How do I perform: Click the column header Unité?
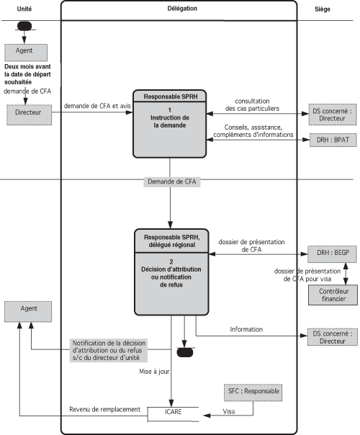(x=24, y=9)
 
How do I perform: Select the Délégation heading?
(x=182, y=9)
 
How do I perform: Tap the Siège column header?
(x=323, y=9)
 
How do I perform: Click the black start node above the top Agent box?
(x=24, y=26)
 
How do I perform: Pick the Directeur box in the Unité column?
(x=29, y=115)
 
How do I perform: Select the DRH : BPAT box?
(x=333, y=140)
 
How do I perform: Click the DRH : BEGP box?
(x=332, y=254)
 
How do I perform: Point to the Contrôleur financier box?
(x=333, y=295)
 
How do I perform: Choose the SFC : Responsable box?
(x=253, y=393)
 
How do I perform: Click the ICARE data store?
(x=173, y=414)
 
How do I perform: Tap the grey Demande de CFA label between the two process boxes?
(x=172, y=181)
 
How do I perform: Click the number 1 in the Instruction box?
(x=170, y=110)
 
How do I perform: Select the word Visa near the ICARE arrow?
(x=229, y=411)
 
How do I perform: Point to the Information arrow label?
(x=246, y=329)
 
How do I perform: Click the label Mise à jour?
(x=154, y=372)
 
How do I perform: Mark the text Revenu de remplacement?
(x=105, y=409)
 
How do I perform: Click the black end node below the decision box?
(x=185, y=352)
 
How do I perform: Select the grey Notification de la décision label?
(x=109, y=351)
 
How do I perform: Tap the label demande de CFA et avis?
(x=97, y=106)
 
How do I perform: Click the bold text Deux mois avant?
(x=28, y=67)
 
